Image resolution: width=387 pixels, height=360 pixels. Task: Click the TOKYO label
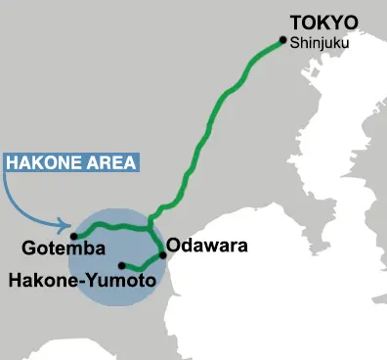pos(324,22)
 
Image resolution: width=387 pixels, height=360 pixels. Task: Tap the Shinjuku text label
pos(319,43)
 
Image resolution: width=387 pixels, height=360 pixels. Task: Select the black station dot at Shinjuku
pos(282,40)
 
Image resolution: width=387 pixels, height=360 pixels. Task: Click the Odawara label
pos(207,245)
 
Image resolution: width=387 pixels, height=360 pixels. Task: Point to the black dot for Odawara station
pos(162,254)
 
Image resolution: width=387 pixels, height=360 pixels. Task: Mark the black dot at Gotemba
pos(74,236)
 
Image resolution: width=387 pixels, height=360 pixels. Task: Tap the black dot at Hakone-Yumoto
pos(121,265)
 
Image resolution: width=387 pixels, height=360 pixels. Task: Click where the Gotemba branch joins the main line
pos(150,229)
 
